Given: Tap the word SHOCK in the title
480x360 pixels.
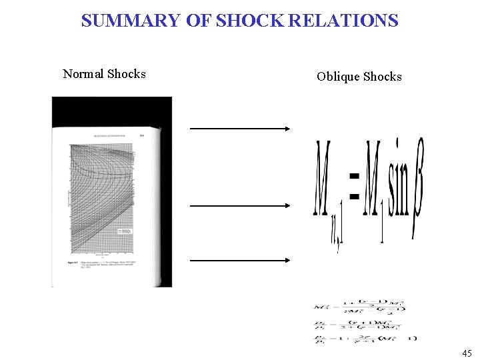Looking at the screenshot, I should (x=247, y=21).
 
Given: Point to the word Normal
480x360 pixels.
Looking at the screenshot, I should (x=83, y=74).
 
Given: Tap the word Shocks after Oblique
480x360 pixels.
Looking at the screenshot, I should (x=381, y=77).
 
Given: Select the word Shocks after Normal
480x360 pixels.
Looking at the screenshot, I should (x=127, y=74).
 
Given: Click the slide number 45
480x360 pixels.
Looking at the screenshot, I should (x=467, y=353).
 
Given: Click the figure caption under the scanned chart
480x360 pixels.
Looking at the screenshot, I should (x=107, y=267).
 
